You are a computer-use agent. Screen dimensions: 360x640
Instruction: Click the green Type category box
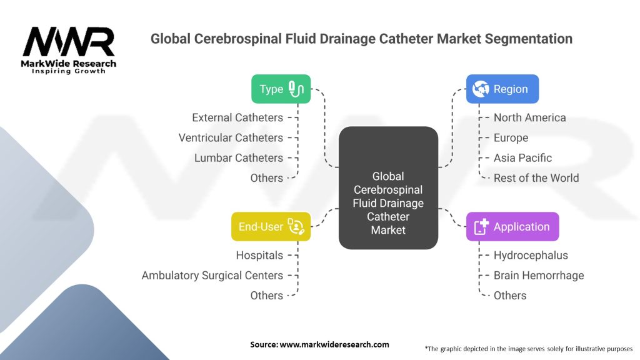point(281,89)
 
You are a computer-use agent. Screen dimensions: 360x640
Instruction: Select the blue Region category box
point(502,89)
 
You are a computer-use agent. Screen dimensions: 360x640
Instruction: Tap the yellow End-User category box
point(271,227)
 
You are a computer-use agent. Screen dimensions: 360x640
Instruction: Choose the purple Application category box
point(512,227)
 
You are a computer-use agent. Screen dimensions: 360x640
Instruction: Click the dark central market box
point(388,187)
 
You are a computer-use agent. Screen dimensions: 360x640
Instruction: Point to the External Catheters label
point(237,117)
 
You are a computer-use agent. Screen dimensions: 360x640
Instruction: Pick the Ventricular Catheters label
point(231,137)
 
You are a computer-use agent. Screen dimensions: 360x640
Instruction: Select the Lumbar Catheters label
point(239,157)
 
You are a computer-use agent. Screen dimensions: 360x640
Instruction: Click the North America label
point(529,117)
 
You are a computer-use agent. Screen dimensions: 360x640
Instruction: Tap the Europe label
point(511,137)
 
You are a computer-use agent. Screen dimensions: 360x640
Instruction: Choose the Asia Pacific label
point(522,157)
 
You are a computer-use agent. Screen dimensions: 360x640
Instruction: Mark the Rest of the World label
point(536,177)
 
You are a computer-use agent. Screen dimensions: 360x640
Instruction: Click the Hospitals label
point(259,255)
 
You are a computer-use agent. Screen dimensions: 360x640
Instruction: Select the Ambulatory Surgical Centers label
point(212,275)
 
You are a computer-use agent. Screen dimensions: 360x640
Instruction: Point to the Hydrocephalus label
point(531,255)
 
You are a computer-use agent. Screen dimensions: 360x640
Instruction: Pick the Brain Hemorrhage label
point(539,275)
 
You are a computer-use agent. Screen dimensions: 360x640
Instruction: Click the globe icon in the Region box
point(481,89)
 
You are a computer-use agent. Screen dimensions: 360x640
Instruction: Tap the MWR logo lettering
point(69,43)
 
